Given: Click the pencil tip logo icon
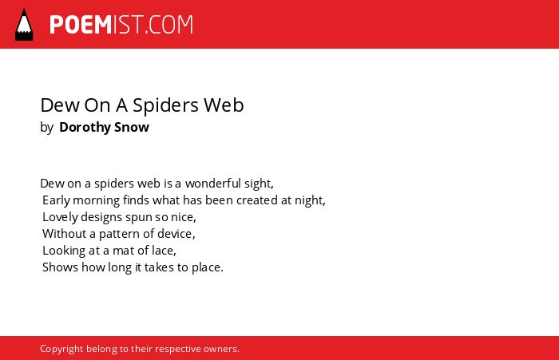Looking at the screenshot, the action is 24,24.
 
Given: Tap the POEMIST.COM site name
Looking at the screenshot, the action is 121,25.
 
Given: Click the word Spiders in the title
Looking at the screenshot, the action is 166,106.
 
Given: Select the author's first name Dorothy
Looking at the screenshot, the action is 85,127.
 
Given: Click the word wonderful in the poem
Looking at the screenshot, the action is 213,184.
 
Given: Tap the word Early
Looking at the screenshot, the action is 56,200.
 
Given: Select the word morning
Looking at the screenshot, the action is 97,200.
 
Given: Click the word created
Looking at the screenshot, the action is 256,200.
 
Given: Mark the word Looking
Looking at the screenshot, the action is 64,251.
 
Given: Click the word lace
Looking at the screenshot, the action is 164,251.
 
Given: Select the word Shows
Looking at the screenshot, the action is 60,267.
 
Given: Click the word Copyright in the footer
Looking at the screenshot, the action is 61,349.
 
